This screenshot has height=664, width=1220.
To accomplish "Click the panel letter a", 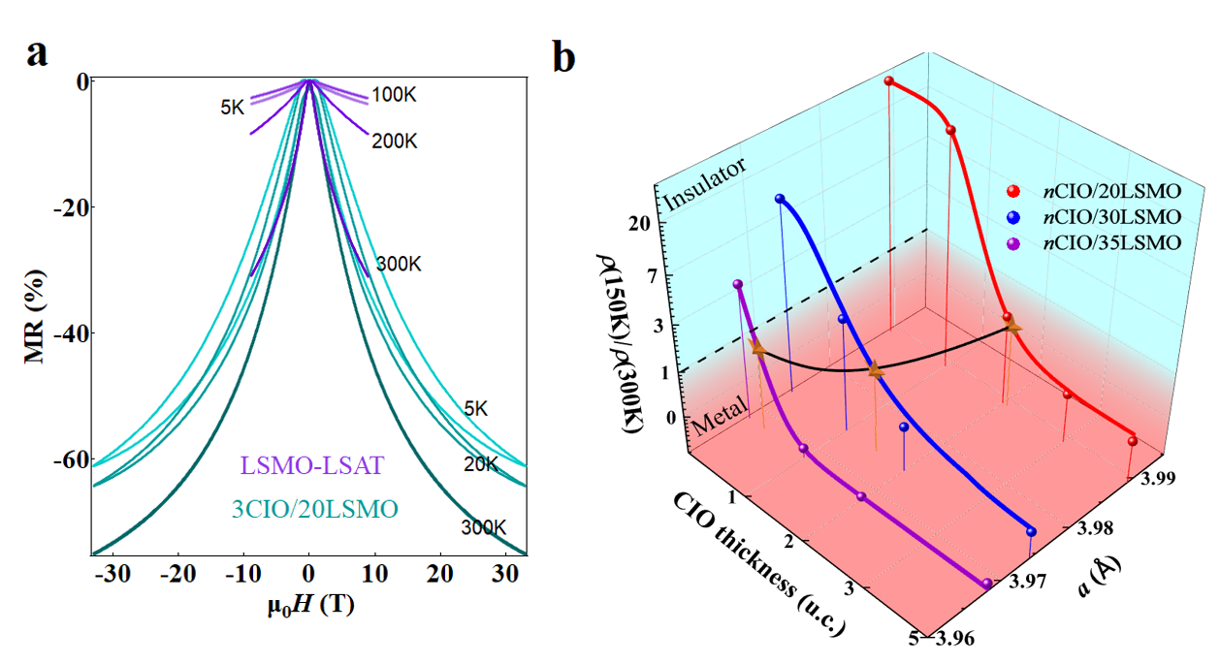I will click(x=38, y=53).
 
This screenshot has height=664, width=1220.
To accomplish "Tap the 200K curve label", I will click(x=393, y=142).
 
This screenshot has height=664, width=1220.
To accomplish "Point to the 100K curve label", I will click(x=393, y=96).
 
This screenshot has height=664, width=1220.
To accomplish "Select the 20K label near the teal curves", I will click(x=480, y=466).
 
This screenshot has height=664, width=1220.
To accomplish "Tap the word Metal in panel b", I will click(x=720, y=414).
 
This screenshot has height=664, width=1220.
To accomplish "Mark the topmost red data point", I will click(x=889, y=81).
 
